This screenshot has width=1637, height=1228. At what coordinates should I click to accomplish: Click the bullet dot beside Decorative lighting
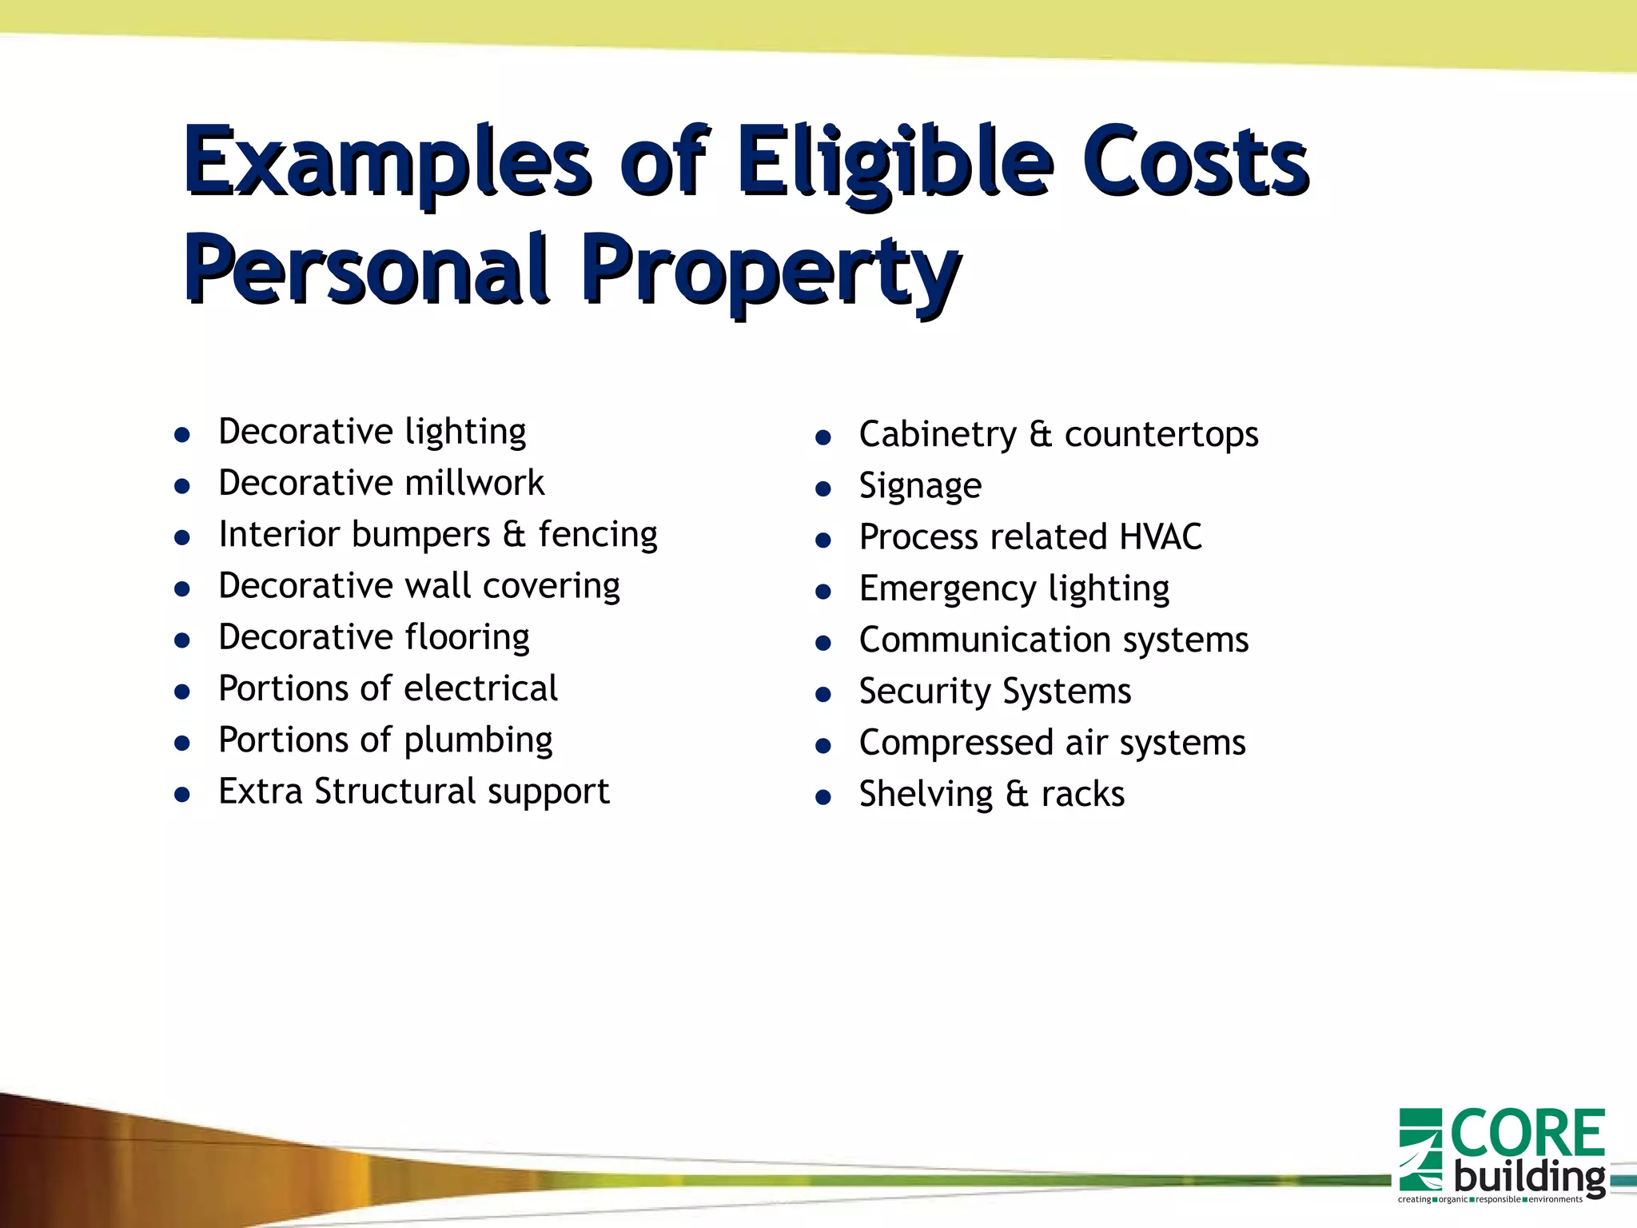(182, 435)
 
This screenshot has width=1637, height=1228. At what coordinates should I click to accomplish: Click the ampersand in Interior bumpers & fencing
(514, 534)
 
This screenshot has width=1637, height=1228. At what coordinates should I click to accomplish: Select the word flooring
(467, 638)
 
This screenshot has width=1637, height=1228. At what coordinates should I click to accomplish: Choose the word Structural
(395, 791)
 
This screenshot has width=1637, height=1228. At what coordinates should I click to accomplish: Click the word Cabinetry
(938, 435)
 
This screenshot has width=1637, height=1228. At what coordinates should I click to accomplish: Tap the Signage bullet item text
(920, 486)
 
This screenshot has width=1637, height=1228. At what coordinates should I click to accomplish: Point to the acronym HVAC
(1160, 536)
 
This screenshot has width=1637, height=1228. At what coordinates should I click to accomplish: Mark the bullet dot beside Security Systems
(823, 695)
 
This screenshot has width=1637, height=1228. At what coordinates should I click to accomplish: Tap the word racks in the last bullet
(1082, 795)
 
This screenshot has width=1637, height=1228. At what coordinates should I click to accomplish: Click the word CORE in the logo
(1527, 1134)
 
